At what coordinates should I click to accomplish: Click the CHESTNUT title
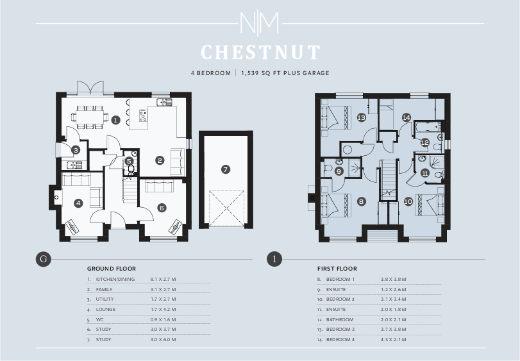click(x=260, y=52)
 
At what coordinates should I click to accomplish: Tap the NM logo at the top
click(x=260, y=24)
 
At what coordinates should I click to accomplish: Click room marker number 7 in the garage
click(x=225, y=169)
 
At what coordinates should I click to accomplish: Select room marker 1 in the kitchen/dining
click(x=115, y=120)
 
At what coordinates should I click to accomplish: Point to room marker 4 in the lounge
click(x=78, y=203)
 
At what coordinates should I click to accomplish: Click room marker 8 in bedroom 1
click(x=362, y=201)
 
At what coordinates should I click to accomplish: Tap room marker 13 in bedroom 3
click(x=362, y=117)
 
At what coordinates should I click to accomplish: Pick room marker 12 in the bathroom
click(x=424, y=142)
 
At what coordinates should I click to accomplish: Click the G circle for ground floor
click(x=43, y=259)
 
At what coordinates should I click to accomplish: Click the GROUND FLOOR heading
click(x=111, y=269)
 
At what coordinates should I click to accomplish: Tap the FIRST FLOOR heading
click(x=337, y=269)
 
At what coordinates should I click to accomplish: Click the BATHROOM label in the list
click(x=340, y=319)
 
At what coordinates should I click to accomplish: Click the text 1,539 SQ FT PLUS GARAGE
click(x=285, y=73)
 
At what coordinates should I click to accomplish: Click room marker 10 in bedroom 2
click(x=408, y=201)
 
